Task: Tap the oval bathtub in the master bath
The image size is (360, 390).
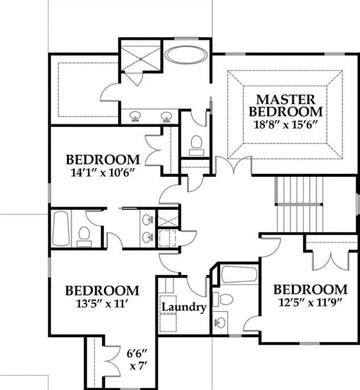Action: tap(186, 55)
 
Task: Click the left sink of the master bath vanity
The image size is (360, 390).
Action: tap(135, 116)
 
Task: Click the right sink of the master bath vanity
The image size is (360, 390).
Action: tap(167, 116)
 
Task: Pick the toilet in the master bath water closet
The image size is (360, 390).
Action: tap(196, 143)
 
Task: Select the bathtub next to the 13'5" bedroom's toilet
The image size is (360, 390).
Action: tap(60, 229)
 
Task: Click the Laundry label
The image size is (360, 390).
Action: tap(183, 308)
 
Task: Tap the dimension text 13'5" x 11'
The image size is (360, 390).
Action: tap(102, 304)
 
